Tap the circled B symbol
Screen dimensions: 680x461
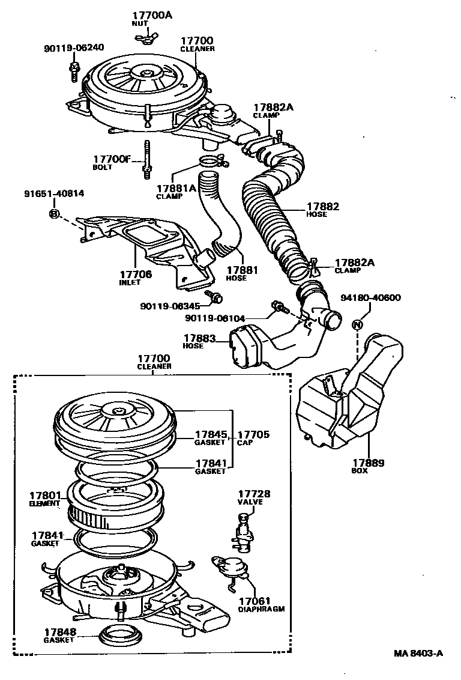(x=53, y=214)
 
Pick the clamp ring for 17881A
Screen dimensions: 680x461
(x=208, y=161)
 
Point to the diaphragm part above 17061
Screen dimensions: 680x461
(x=228, y=566)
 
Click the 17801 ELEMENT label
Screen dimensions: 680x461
(x=45, y=499)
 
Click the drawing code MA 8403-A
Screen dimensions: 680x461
(x=418, y=654)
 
